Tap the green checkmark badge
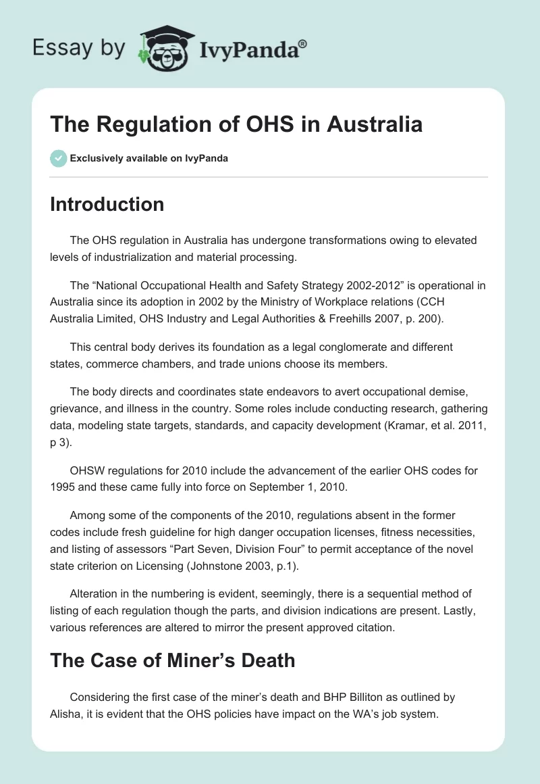pyautogui.click(x=58, y=158)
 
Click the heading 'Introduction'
pyautogui.click(x=107, y=204)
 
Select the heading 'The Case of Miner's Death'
pyautogui.click(x=172, y=660)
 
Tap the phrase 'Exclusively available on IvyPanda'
pyautogui.click(x=149, y=159)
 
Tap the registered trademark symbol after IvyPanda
pyautogui.click(x=302, y=43)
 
